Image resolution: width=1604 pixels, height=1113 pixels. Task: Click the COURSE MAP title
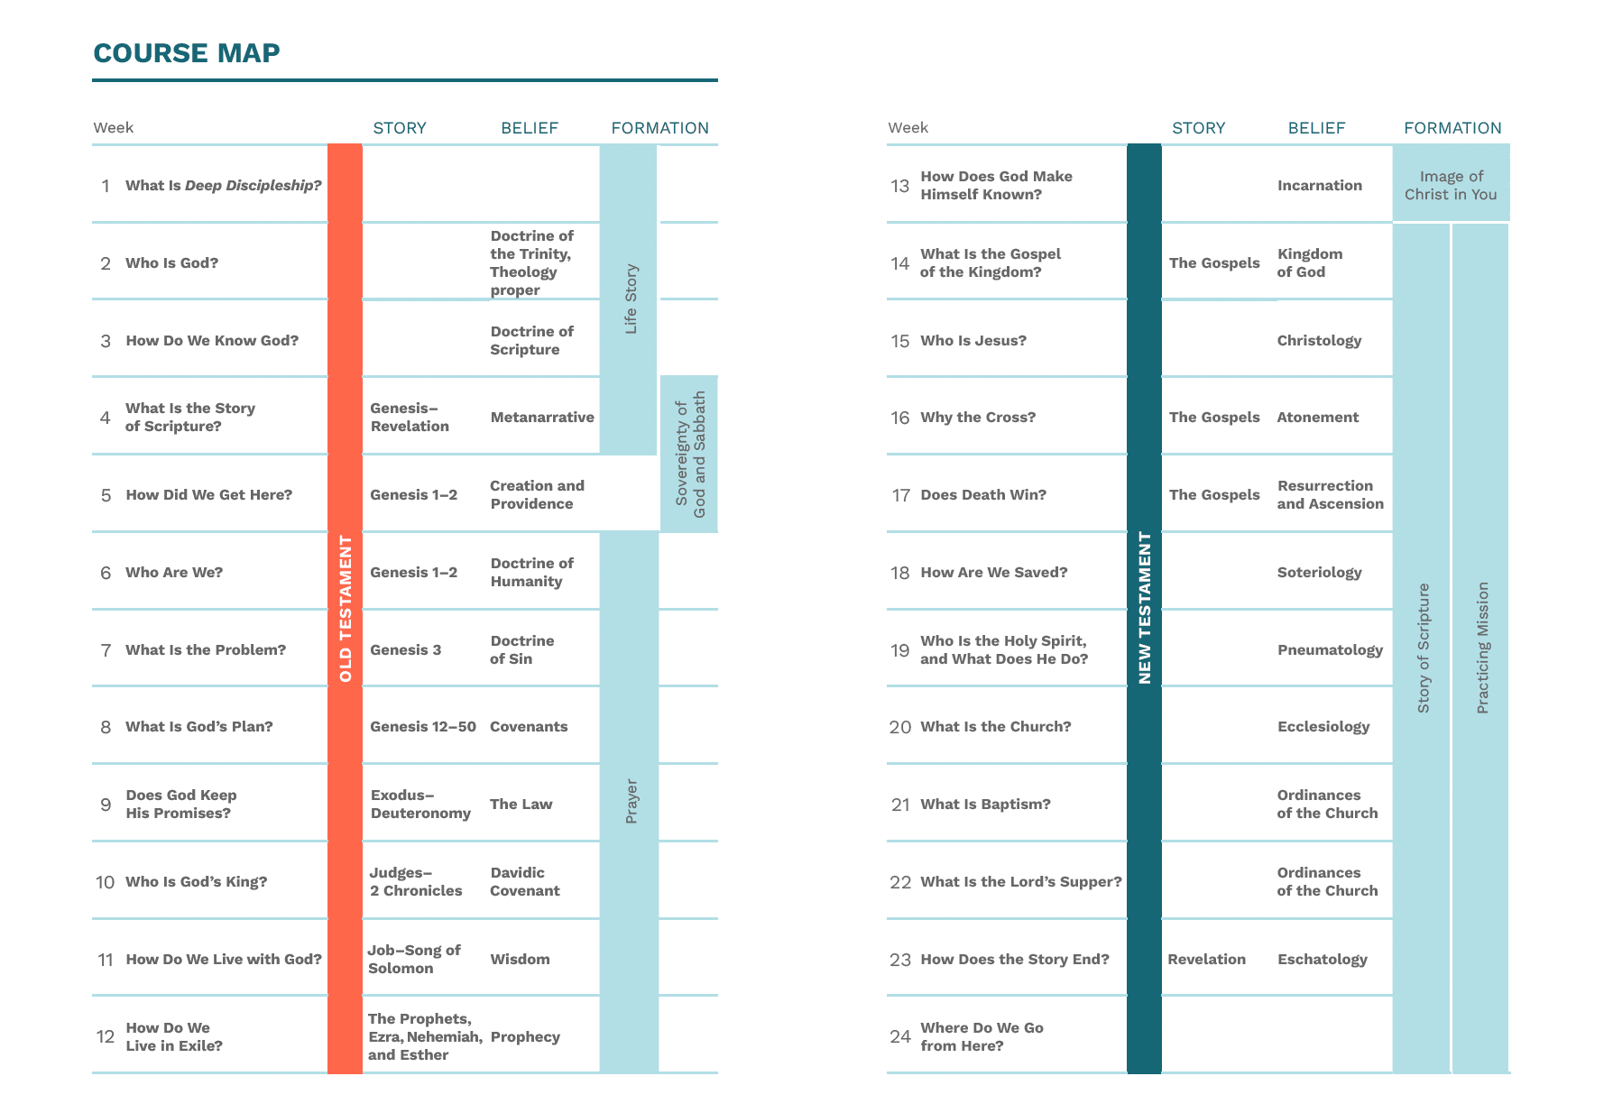click(187, 53)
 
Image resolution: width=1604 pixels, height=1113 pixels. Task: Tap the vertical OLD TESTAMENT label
click(346, 609)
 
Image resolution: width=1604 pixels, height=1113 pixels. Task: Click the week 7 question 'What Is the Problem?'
click(206, 649)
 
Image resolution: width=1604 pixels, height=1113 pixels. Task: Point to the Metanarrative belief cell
click(542, 417)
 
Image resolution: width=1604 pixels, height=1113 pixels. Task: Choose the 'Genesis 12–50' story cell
click(423, 726)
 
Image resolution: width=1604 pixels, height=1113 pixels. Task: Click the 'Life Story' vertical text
click(631, 299)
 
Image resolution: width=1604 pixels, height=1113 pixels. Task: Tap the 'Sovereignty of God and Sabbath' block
click(690, 454)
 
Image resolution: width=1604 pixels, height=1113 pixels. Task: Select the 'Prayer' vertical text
click(631, 801)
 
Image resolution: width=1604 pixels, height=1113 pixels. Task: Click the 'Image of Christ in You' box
click(1451, 185)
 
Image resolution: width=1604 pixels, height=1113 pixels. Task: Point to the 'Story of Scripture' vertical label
click(1424, 648)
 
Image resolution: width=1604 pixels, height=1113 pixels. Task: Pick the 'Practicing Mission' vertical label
click(1482, 648)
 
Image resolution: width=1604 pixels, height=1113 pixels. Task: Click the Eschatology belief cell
click(1323, 959)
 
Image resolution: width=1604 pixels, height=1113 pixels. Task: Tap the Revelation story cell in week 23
click(1206, 959)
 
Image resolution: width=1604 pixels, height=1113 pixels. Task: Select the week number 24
click(900, 1036)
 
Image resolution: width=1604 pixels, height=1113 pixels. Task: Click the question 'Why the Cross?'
click(978, 417)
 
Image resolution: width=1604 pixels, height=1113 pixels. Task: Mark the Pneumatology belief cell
click(1330, 649)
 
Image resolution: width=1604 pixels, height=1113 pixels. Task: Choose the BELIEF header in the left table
click(530, 128)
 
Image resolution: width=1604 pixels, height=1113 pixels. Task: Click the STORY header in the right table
click(1198, 128)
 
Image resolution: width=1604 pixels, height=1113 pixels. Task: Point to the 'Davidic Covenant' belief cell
click(524, 881)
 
